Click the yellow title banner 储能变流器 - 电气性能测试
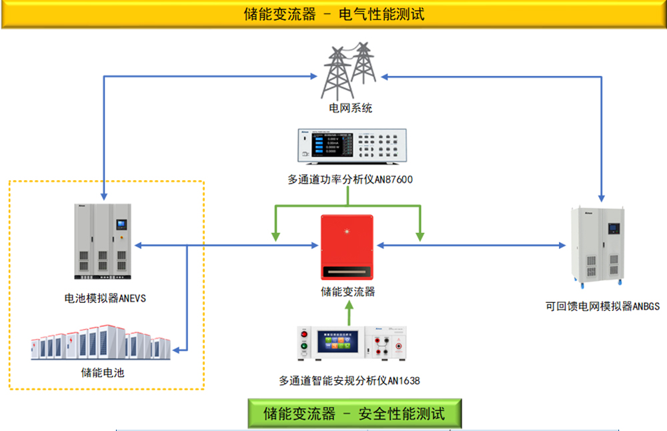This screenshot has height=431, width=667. click(333, 14)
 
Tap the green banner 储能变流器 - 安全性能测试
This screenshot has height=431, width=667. click(354, 414)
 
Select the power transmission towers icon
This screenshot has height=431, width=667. click(348, 70)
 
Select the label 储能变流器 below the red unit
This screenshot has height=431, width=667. click(348, 292)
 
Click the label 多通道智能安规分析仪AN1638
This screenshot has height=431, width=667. click(350, 381)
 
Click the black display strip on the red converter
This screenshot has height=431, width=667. click(347, 272)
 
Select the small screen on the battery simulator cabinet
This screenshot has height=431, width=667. click(121, 225)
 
